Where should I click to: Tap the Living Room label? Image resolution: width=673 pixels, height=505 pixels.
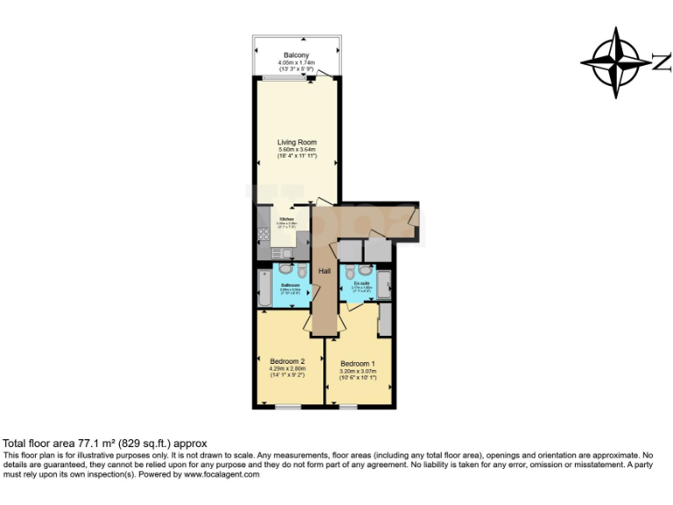pos(297,142)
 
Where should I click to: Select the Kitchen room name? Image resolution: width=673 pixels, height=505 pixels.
pos(287,219)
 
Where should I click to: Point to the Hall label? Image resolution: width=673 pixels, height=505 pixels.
pos(324,271)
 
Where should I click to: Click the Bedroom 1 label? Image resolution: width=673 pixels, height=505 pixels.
pos(358,364)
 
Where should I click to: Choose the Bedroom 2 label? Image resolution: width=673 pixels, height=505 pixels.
pos(287,361)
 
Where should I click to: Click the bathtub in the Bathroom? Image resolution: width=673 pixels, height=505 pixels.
pos(264,288)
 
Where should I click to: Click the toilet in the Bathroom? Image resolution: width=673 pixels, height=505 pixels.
pos(301,271)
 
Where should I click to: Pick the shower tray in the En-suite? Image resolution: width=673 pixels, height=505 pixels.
pos(383,285)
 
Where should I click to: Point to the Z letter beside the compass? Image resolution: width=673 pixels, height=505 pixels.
pos(661,61)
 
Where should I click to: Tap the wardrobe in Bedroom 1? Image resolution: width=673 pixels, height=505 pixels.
pos(385,322)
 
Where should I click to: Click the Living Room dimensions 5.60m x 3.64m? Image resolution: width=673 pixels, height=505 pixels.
pos(297,150)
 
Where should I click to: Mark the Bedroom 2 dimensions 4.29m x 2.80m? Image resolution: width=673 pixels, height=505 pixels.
pos(287,369)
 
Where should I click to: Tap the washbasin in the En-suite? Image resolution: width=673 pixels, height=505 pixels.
pos(350,270)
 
